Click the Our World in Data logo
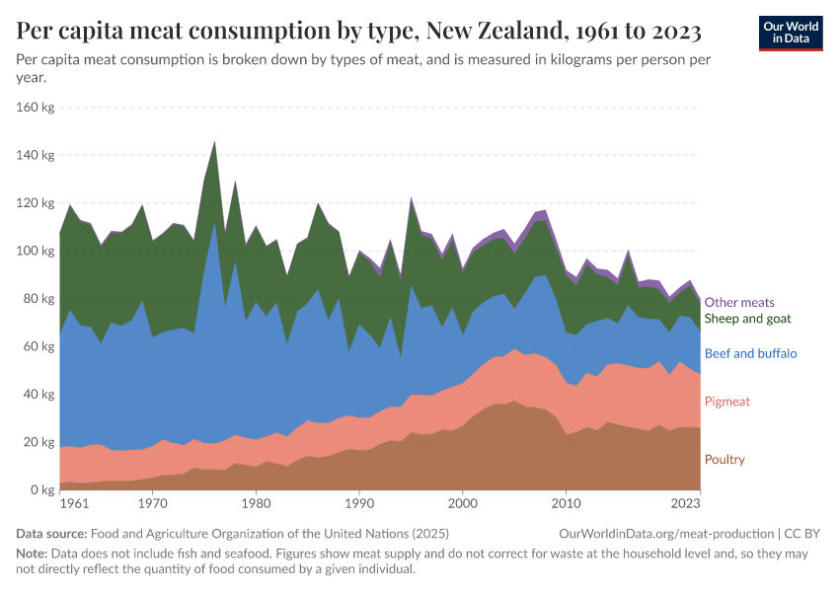790,33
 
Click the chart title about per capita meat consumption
359,32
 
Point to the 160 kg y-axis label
37,108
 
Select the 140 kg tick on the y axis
37,155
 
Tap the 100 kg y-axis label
37,251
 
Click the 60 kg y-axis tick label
40,346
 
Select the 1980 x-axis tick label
256,504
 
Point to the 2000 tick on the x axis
462,504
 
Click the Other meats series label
739,303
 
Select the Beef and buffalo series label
750,353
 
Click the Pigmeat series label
728,402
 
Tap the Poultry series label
725,460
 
